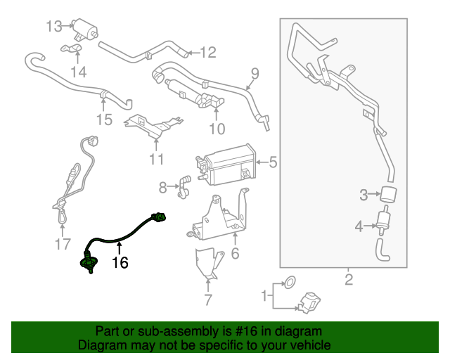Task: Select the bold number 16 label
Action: coord(120,263)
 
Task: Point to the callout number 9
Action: coord(255,72)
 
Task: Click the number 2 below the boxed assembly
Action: coord(348,283)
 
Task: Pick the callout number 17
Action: coord(63,245)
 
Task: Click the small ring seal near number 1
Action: coord(288,284)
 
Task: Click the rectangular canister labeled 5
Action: coord(227,165)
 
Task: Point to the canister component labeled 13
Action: coord(85,30)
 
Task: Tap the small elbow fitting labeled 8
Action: coord(184,185)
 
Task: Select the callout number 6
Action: coord(235,254)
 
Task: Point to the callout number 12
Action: coord(207,52)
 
